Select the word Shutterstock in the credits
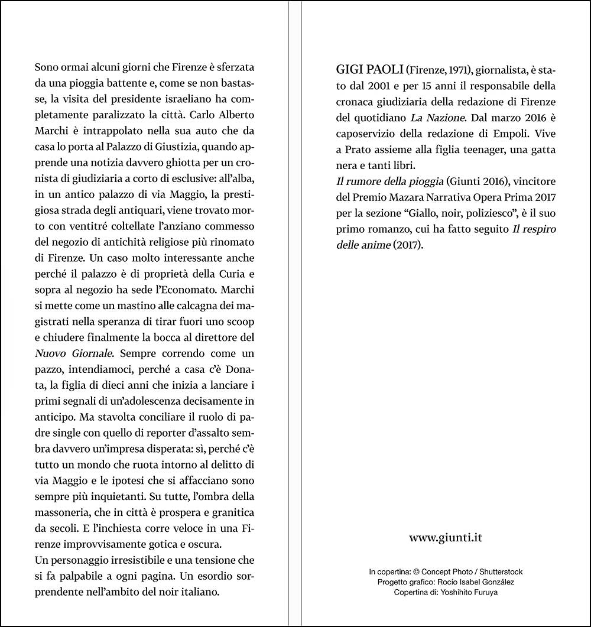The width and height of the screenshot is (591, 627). [x=501, y=571]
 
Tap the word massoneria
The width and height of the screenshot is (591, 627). [x=64, y=511]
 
